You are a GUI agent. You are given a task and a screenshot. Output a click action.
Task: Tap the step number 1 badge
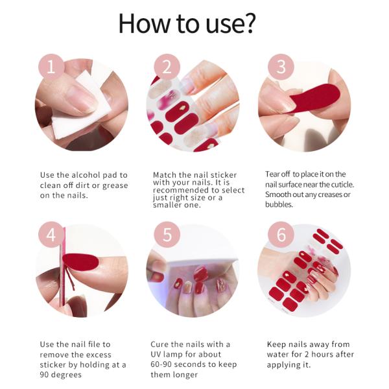pos(52,67)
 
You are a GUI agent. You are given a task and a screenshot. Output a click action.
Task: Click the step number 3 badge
pos(281,67)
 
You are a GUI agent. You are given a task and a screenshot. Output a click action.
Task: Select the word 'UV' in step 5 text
pos(158,355)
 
